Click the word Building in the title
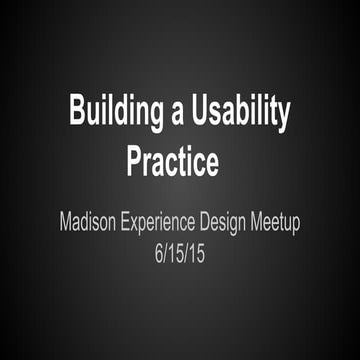pyautogui.click(x=114, y=113)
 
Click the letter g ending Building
pyautogui.click(x=153, y=116)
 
